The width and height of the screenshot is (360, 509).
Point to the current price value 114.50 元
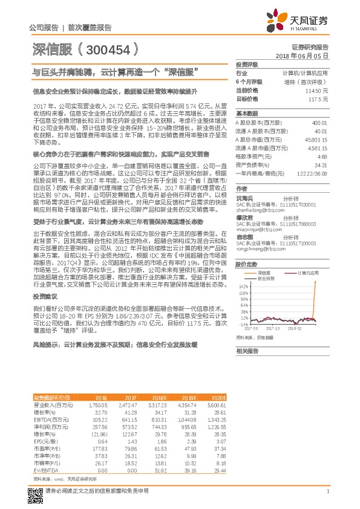(x=317, y=90)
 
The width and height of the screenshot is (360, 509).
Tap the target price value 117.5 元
(x=318, y=99)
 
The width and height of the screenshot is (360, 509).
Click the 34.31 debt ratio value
(x=321, y=164)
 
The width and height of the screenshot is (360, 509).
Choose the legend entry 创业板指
(x=267, y=261)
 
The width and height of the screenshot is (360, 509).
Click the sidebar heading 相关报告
(x=247, y=351)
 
